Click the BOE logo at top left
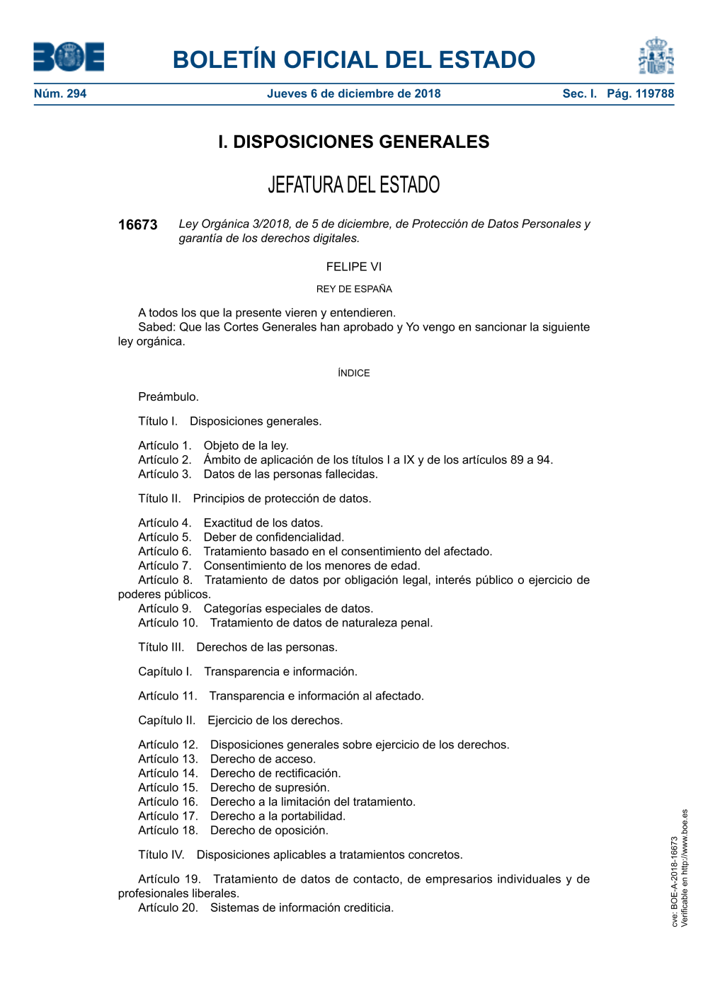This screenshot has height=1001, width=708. coord(69,57)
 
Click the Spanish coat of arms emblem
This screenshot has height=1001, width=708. coord(656,56)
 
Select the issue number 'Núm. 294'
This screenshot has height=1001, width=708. coord(60,93)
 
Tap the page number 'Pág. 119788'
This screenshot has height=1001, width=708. coord(640,93)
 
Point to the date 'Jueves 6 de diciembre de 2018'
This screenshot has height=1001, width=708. coord(353,93)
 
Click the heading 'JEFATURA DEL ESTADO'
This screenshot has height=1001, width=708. coord(353,185)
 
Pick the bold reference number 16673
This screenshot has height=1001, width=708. coord(137,225)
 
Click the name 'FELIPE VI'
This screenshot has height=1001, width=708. coord(353,267)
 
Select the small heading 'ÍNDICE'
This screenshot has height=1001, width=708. coord(353,373)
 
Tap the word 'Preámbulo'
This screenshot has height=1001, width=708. coord(168,397)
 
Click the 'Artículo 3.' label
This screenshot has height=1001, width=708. coord(164,474)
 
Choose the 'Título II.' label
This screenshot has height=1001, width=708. coord(159,498)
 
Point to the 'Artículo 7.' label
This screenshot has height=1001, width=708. coord(164,566)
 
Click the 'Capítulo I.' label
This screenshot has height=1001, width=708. coord(165,672)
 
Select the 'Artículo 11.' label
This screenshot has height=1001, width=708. coord(167,697)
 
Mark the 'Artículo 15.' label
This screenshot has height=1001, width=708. coord(168,788)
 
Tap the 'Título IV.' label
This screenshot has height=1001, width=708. coord(161,855)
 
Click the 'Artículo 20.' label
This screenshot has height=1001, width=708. coord(168,908)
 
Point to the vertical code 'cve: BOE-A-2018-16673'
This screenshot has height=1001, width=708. coord(675,881)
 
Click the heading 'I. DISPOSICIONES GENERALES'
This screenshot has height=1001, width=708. coord(353,142)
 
